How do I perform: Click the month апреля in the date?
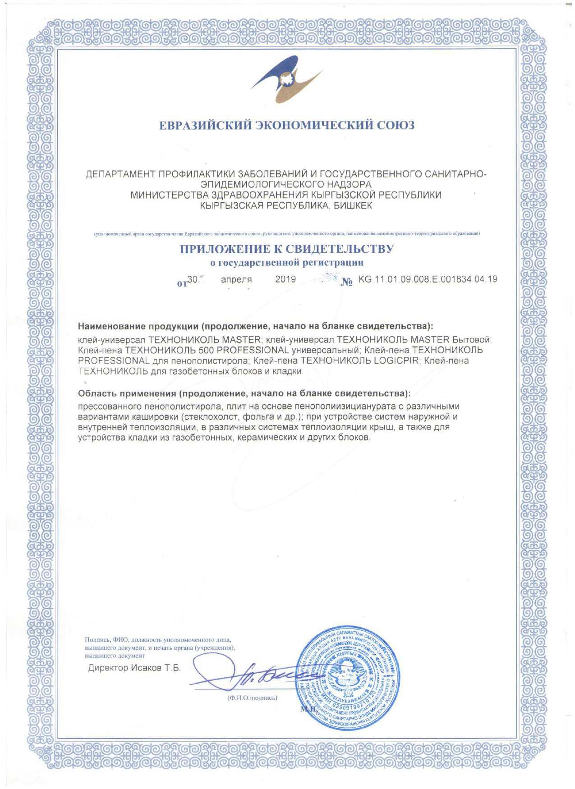(x=236, y=279)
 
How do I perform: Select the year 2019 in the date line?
(x=285, y=279)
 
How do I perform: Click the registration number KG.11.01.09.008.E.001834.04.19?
(x=428, y=279)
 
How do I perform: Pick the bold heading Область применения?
(x=127, y=394)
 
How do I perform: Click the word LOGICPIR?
(x=396, y=360)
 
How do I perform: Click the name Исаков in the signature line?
(x=147, y=668)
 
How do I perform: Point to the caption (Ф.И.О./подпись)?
(x=252, y=698)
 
